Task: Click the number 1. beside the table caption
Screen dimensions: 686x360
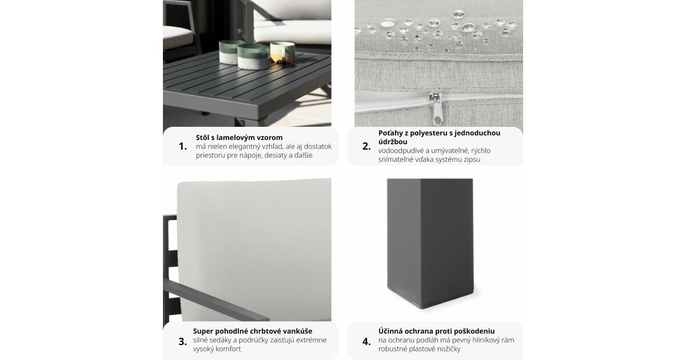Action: point(182,146)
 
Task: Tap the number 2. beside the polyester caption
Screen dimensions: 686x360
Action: point(366,146)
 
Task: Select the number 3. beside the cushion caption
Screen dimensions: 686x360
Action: point(182,342)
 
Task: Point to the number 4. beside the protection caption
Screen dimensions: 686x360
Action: point(366,342)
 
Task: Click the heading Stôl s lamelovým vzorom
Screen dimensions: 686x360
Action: point(239,138)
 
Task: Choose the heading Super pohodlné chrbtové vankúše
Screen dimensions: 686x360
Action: point(253,331)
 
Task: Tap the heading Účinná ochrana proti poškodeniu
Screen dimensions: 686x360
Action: point(436,331)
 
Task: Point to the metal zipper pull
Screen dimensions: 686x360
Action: point(436,109)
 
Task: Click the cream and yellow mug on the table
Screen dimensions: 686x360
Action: point(282,53)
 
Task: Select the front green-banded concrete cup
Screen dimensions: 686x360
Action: point(253,57)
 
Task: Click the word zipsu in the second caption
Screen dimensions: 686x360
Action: point(472,159)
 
